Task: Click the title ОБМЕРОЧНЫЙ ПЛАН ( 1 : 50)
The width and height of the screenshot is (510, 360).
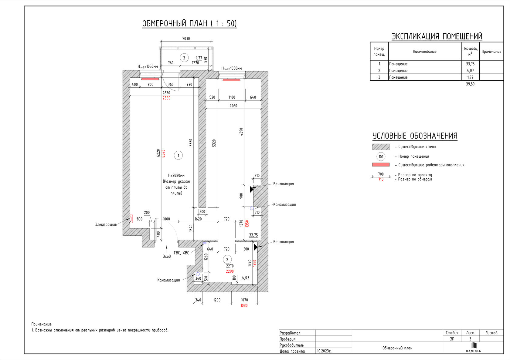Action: (x=189, y=23)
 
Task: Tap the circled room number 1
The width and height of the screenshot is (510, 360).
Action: (x=178, y=156)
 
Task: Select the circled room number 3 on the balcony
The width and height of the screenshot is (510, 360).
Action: (x=184, y=58)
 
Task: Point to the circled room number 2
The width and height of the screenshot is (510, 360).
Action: (x=227, y=260)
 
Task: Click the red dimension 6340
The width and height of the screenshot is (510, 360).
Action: (x=163, y=153)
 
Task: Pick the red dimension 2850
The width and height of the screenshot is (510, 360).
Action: (x=166, y=98)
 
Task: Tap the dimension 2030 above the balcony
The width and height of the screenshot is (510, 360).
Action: (x=186, y=39)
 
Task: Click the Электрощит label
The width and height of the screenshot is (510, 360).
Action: (x=106, y=225)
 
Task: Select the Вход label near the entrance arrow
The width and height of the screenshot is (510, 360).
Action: (x=167, y=256)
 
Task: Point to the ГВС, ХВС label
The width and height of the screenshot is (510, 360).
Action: (x=182, y=253)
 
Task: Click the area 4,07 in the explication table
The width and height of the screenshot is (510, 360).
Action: (x=470, y=70)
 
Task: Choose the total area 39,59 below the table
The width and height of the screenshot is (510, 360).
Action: (x=470, y=84)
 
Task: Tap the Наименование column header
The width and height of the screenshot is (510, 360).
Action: (x=425, y=51)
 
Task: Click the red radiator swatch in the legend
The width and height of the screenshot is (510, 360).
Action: (x=381, y=165)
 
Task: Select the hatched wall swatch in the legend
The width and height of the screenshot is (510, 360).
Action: (x=381, y=147)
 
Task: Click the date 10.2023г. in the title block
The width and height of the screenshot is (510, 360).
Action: (x=324, y=351)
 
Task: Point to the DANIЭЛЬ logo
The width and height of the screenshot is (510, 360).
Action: (x=474, y=347)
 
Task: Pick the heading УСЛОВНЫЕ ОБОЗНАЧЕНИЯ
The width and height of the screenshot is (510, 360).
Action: (x=415, y=136)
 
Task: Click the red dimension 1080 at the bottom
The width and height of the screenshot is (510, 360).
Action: (x=244, y=305)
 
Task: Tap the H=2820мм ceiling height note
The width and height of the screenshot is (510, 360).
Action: (x=176, y=175)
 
